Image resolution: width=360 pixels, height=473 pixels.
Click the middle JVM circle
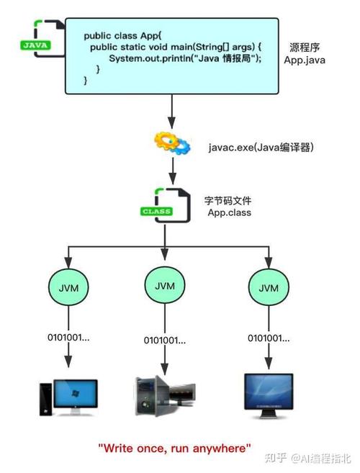[166, 286]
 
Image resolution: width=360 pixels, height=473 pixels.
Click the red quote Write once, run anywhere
[174, 448]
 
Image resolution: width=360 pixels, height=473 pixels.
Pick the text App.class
[228, 212]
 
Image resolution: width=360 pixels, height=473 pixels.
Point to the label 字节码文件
[229, 200]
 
